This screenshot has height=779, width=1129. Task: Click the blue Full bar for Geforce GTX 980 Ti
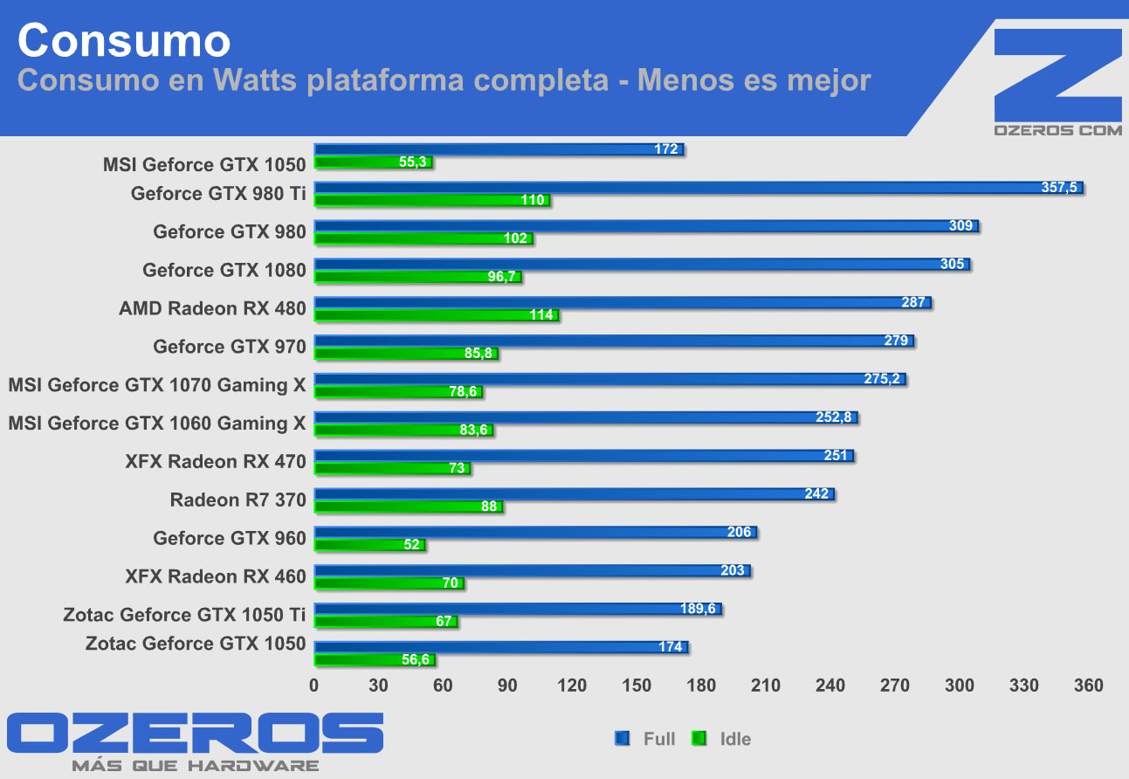pos(699,188)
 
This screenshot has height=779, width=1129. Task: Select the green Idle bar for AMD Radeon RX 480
pos(437,315)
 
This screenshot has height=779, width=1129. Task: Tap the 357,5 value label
pos(1059,188)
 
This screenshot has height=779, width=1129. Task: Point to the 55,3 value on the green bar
pos(412,162)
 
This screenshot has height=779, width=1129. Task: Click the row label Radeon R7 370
pos(238,500)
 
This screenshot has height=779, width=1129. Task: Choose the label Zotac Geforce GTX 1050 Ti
pos(184,615)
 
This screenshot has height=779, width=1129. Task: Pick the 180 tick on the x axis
pos(701,686)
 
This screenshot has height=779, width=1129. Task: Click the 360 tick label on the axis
pos(1089,686)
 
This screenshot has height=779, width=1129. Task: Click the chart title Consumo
pos(123,41)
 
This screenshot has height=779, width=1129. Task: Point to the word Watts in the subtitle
pos(254,80)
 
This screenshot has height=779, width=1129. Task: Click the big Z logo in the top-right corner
pos(1057,74)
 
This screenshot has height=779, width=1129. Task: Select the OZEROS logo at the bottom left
pos(195,734)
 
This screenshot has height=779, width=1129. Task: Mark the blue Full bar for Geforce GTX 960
pos(534,533)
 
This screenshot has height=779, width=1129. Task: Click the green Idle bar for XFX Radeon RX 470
pos(392,469)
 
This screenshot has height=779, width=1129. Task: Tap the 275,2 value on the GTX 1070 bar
pos(883,379)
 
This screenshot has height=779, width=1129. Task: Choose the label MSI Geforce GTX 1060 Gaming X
pos(157,424)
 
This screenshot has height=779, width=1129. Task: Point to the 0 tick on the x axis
pos(314,686)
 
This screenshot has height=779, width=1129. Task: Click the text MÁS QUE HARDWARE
pos(195,765)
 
